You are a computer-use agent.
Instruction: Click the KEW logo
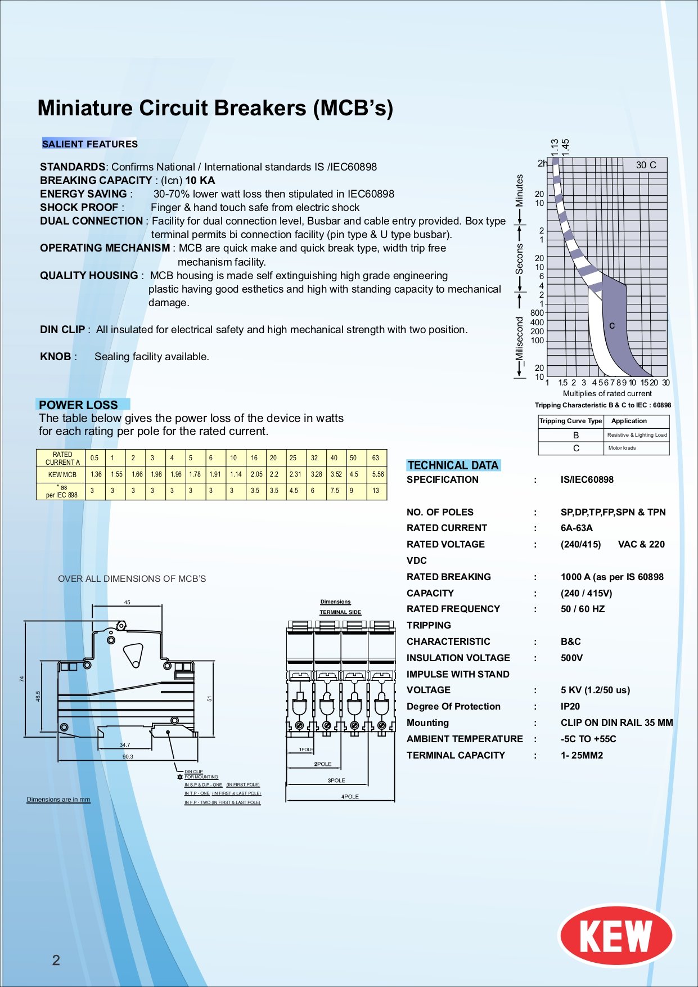616,935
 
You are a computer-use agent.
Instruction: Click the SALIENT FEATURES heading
90,144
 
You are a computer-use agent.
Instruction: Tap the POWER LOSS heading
78,405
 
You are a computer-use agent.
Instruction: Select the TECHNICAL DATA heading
453,465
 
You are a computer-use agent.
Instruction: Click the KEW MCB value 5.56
378,474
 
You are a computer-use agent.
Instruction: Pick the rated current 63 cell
376,458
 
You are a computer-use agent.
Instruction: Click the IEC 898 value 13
376,491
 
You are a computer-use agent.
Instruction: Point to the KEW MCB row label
62,475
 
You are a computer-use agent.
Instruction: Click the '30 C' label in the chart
646,165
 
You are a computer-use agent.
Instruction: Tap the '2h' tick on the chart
542,163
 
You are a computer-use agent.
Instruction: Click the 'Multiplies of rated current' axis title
607,394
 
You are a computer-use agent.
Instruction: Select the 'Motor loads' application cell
622,448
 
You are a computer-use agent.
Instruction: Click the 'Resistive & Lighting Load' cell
637,435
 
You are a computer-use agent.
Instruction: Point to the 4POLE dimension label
350,797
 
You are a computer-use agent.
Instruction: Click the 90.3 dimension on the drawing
128,757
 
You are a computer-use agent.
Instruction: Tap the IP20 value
570,707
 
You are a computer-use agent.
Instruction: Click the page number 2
56,960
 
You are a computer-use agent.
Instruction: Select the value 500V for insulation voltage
571,658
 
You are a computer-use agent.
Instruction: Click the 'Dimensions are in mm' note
58,800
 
